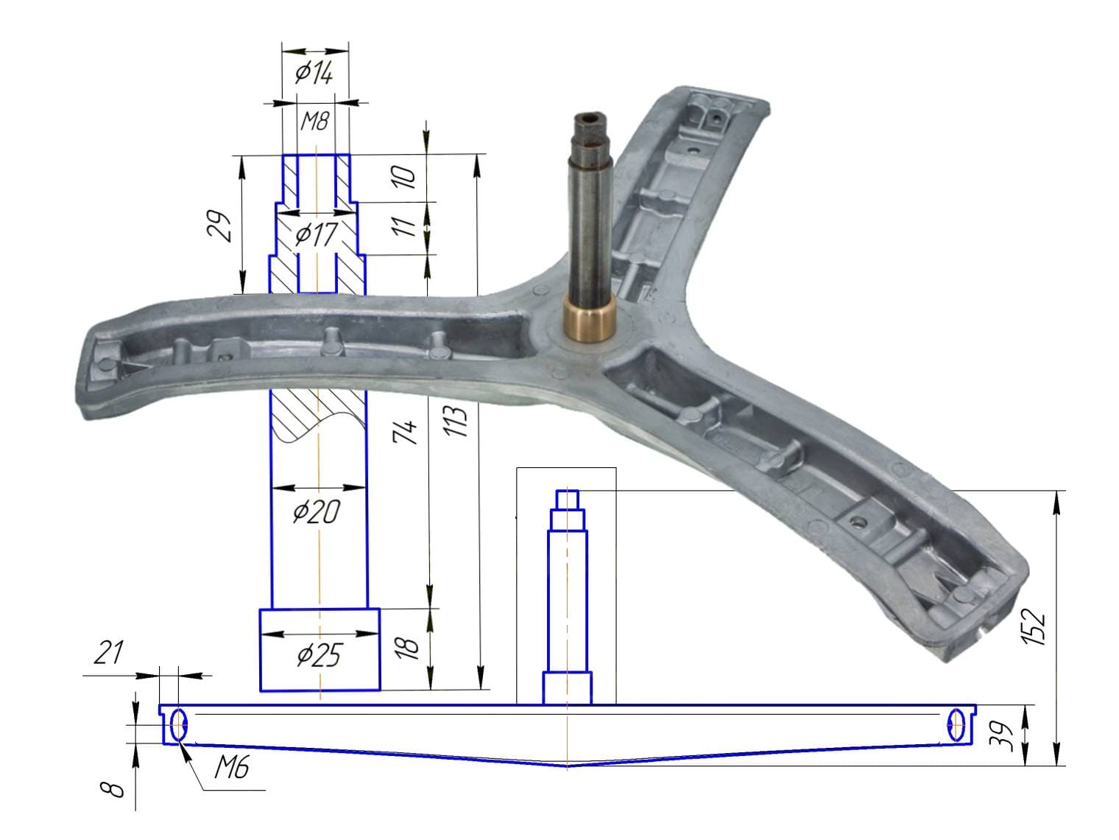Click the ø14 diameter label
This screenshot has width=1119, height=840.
[x=314, y=73]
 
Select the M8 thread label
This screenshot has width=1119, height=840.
[x=314, y=122]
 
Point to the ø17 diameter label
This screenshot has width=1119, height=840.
[x=316, y=234]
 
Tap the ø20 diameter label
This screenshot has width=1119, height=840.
[x=316, y=511]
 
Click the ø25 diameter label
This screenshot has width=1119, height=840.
[x=319, y=655]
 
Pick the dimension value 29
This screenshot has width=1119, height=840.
[x=219, y=225]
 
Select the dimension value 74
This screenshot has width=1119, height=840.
[x=406, y=432]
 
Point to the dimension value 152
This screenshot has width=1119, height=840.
[x=1034, y=626]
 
